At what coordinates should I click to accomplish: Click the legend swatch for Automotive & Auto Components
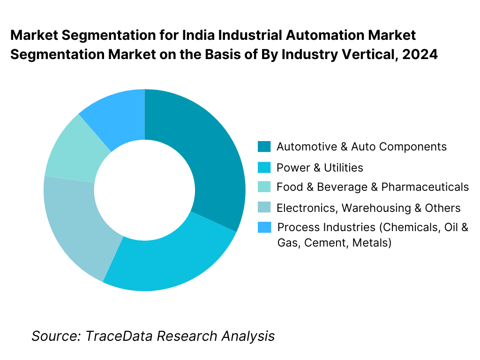click(x=264, y=147)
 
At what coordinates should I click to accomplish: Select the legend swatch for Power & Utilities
click(x=264, y=167)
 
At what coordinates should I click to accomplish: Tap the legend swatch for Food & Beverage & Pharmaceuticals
click(x=264, y=187)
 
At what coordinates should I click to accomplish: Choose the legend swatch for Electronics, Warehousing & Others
click(x=264, y=208)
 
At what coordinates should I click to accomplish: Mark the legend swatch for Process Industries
click(x=264, y=228)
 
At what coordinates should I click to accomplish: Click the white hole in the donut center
click(x=144, y=190)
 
